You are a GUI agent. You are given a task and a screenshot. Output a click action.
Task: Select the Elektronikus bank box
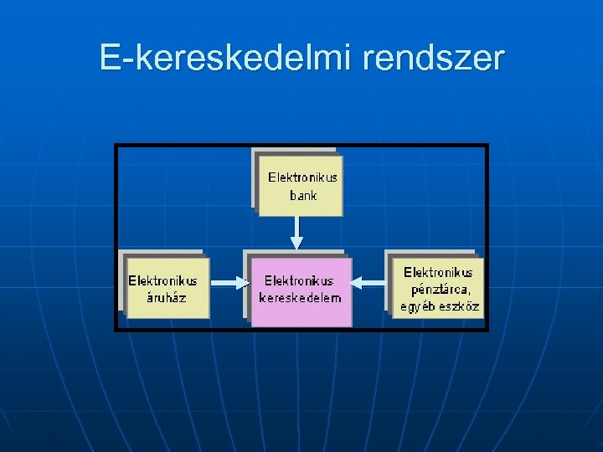pos(301,186)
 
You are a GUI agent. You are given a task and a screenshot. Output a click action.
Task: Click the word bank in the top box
pos(302,196)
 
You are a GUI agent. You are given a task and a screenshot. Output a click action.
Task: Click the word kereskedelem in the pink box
pos(301,298)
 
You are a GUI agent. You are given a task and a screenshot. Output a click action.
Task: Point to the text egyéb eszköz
pos(440,306)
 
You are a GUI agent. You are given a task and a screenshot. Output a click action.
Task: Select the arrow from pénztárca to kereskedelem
pos(369,285)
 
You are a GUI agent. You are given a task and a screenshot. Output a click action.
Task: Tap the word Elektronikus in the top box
pos(302,177)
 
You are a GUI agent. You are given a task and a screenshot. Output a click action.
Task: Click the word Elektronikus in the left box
pos(162,281)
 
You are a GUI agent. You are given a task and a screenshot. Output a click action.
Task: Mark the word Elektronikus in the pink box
pos(299,281)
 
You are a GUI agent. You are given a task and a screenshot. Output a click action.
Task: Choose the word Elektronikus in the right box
pos(438,272)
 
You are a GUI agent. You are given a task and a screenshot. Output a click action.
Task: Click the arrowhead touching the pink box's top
pos(296,244)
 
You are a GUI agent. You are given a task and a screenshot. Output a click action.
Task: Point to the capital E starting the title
pos(108,58)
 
